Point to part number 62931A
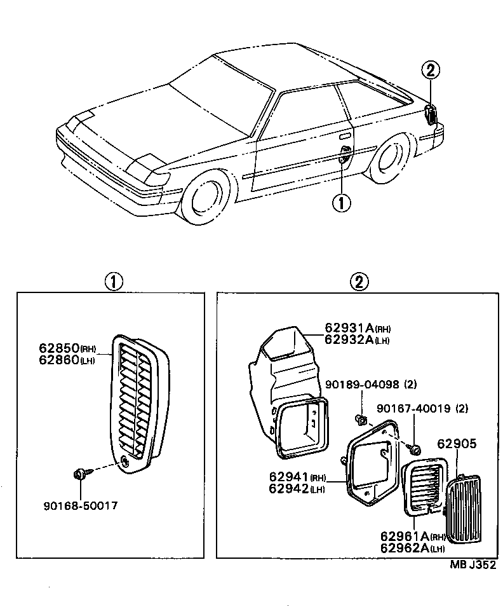349,328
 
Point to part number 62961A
405,536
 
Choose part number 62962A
405,548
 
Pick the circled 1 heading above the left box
114,282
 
